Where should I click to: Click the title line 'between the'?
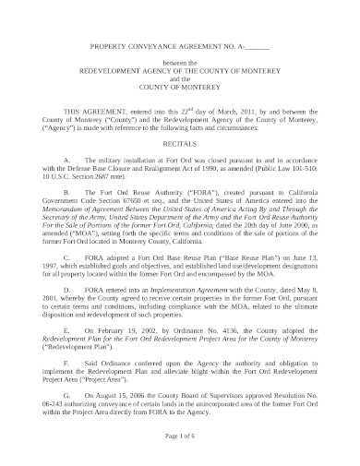click(x=180, y=60)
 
